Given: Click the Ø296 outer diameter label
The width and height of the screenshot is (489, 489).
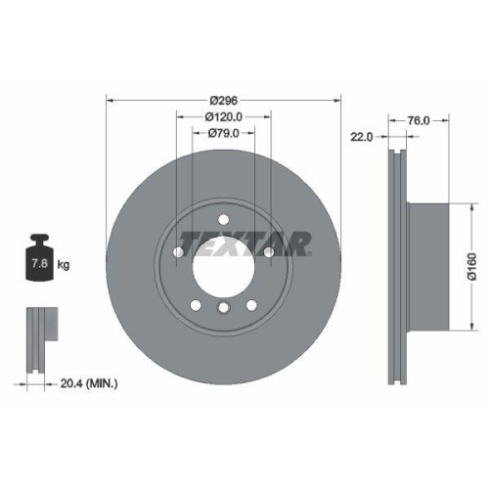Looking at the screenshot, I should tap(224, 100).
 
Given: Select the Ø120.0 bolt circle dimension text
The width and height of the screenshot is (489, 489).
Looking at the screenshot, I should tap(224, 116).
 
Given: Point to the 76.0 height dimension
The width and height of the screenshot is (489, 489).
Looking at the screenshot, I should tap(419, 120).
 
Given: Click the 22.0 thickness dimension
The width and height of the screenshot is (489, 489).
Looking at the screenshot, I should tap(361, 138).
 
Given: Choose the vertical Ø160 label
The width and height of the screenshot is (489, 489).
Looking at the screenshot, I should tap(471, 266).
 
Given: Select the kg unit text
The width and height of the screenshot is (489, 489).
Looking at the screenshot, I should tap(65, 265).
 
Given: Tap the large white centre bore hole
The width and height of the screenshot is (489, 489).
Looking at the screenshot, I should tap(224, 264).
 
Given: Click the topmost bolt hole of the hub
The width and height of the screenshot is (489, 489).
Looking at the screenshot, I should tap(224, 218).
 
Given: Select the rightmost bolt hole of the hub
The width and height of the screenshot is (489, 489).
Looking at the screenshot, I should tap(268, 254).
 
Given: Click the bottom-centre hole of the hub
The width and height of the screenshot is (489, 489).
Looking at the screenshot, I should tap(224, 310).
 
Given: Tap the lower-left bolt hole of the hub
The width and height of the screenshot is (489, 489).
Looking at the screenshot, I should tap(196, 305).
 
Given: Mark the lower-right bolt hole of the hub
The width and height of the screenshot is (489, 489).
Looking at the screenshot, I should tap(251, 305).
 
